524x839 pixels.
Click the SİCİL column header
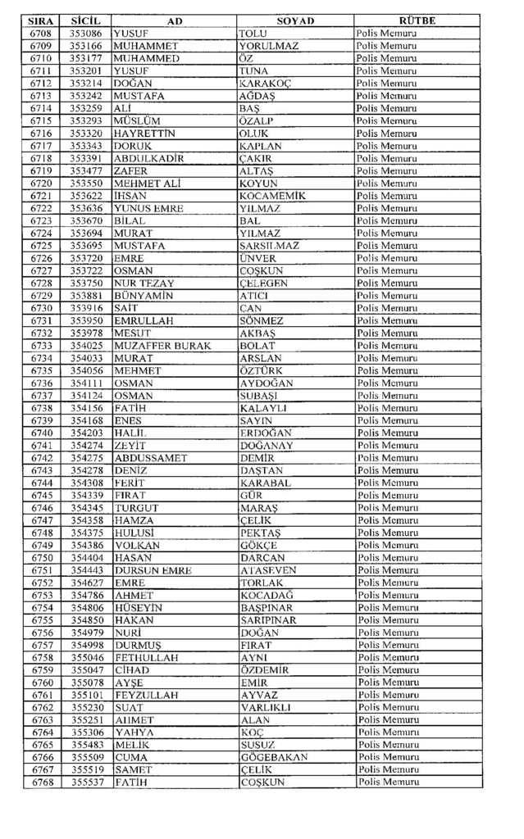(x=85, y=20)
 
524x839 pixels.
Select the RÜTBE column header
(x=417, y=20)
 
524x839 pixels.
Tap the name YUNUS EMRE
(x=144, y=208)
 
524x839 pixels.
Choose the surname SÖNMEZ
(x=262, y=320)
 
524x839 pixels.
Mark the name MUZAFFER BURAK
(x=162, y=346)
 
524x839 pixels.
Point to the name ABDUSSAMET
(x=151, y=458)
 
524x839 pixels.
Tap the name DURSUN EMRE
(x=153, y=570)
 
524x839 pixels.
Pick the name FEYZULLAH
(x=146, y=695)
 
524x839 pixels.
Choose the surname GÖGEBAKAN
(x=274, y=758)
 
